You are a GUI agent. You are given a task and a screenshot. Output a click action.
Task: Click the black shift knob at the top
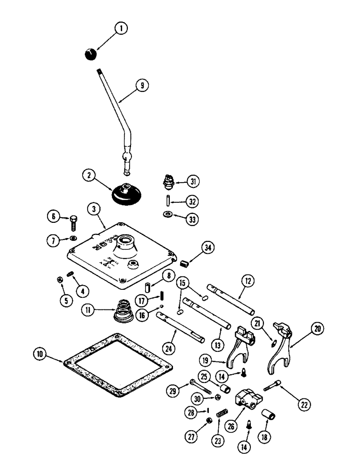tap(91, 54)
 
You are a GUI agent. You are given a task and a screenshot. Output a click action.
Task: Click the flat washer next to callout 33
tap(166, 215)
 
